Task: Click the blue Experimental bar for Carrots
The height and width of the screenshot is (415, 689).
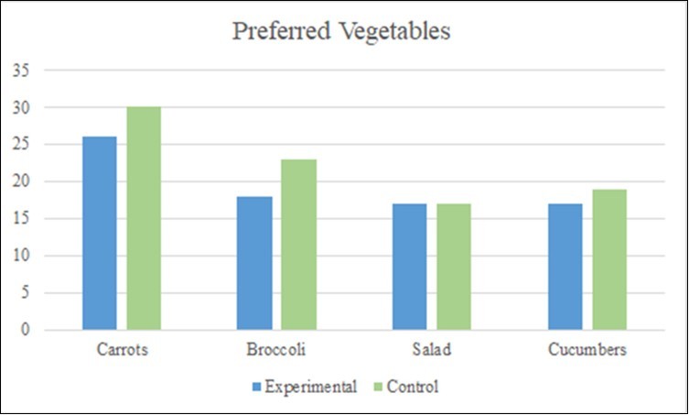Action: pos(100,233)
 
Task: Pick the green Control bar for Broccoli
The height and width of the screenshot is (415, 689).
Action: pos(299,245)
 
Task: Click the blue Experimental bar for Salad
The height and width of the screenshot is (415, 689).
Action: pos(409,267)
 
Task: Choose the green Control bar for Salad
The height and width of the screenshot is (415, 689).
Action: pos(454,267)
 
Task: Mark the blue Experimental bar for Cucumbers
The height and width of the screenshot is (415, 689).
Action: pos(565,267)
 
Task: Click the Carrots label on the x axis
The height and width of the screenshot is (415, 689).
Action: pos(122,351)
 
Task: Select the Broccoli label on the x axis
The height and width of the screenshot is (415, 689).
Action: pos(276,351)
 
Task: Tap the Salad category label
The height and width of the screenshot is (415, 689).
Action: pos(431,351)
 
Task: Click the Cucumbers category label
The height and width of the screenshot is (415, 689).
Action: pos(587,351)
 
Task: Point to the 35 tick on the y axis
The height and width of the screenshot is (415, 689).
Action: pos(22,70)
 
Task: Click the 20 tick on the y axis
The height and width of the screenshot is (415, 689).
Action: pos(22,181)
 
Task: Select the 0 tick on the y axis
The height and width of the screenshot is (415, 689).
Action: pos(26,330)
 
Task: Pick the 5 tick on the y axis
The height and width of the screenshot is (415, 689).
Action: pos(26,293)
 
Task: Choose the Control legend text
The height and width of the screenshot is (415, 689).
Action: pos(413,387)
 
